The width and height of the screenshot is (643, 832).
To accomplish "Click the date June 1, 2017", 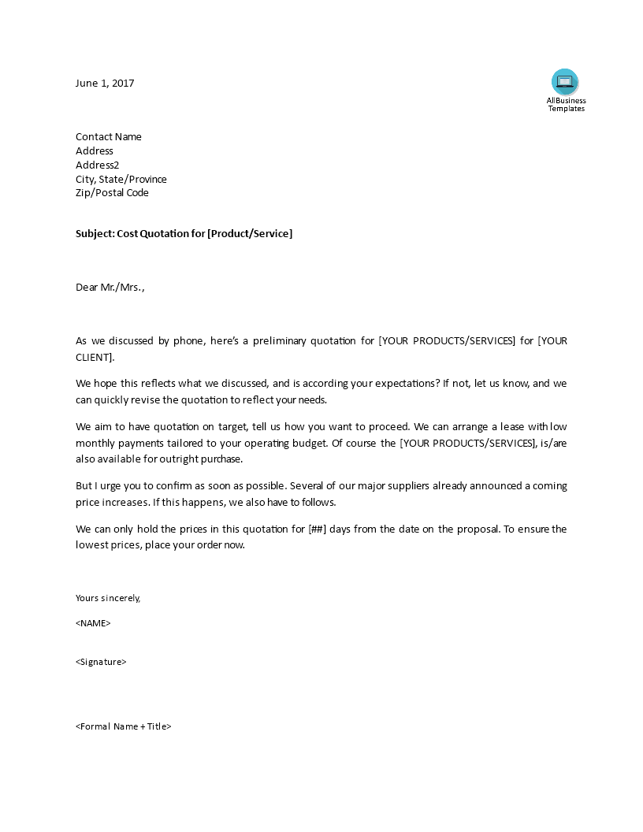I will tap(105, 83).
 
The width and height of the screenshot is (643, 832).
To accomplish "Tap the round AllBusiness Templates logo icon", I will tap(565, 82).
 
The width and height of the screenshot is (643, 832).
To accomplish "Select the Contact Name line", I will tap(109, 136).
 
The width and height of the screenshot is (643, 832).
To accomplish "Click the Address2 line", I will tap(98, 165).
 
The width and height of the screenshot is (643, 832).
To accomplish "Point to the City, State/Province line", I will tap(121, 179).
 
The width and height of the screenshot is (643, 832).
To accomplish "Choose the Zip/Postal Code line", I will tap(112, 192).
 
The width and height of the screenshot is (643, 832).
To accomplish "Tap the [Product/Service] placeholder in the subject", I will tap(250, 234).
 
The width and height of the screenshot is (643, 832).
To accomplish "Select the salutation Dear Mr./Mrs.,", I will tap(110, 287).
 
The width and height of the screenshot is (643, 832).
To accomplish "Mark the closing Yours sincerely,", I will tap(108, 598).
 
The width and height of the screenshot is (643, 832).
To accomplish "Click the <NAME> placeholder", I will tap(93, 623).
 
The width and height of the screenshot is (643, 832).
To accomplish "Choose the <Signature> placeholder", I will tap(101, 662).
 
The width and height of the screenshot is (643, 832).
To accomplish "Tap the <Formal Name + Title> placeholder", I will tap(124, 726).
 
